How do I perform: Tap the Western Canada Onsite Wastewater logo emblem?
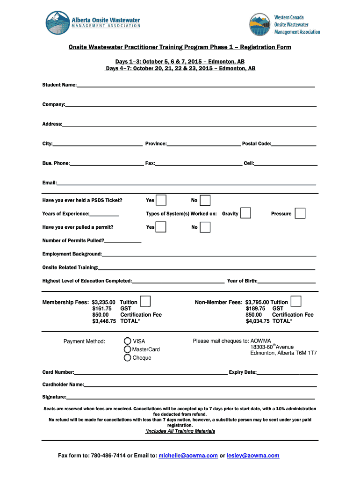(x=260, y=24)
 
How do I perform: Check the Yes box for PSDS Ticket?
(x=161, y=200)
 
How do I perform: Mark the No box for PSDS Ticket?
(x=205, y=200)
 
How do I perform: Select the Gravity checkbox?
(x=245, y=213)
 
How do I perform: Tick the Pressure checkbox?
(x=300, y=213)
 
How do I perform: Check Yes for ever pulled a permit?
(x=161, y=227)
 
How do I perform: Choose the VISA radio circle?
(x=128, y=341)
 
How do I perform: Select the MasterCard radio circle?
(x=128, y=349)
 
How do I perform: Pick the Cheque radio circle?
(x=128, y=358)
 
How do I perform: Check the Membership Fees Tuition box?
(x=145, y=301)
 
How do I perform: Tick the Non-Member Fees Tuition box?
(x=295, y=301)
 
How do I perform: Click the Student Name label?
(x=59, y=85)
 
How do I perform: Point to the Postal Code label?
(x=256, y=144)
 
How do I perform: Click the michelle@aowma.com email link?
(x=188, y=456)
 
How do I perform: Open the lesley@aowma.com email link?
(x=253, y=456)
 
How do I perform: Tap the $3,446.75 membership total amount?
(x=104, y=321)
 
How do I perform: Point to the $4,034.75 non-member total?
(x=258, y=321)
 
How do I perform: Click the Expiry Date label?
(x=242, y=372)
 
